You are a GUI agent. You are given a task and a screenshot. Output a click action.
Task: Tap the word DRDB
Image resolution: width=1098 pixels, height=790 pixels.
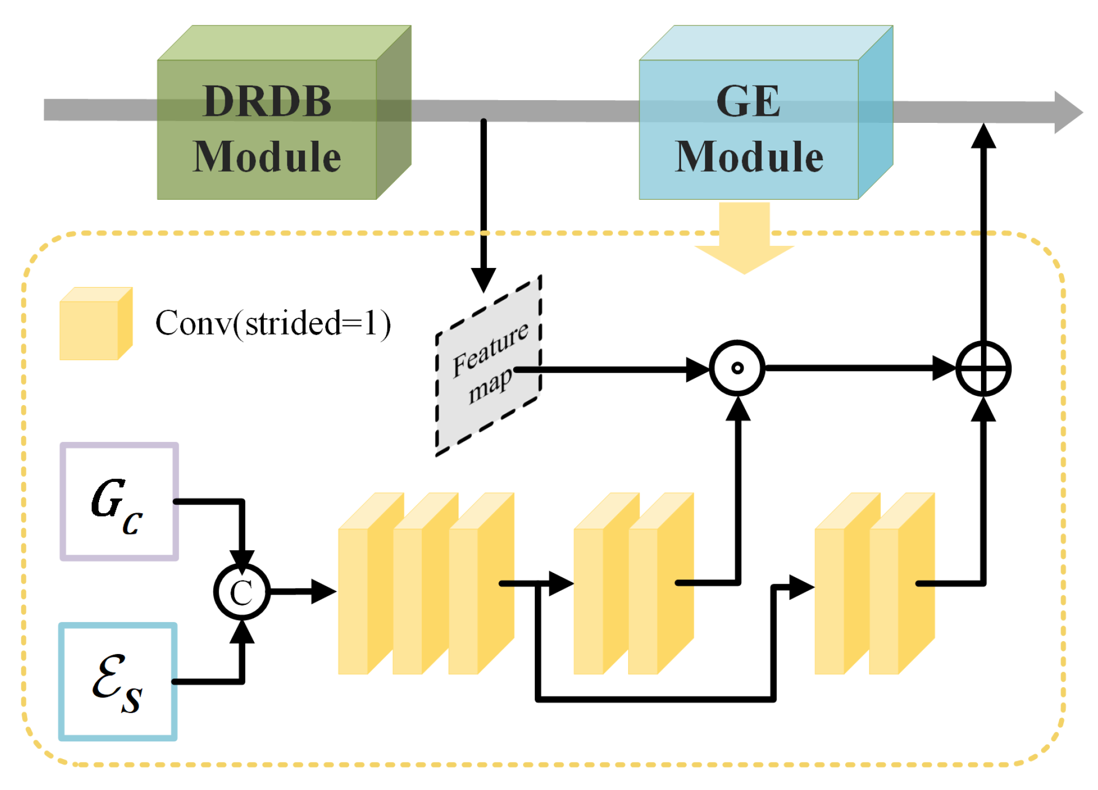point(267,101)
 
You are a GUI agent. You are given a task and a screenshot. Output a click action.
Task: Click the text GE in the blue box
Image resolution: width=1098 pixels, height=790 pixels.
point(748,101)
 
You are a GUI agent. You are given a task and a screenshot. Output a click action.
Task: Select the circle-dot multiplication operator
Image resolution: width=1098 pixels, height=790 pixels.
point(737,368)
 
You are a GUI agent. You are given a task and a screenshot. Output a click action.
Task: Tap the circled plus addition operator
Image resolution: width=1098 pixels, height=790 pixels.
point(983,368)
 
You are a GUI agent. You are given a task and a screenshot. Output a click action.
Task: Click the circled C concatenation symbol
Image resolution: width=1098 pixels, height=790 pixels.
point(241,592)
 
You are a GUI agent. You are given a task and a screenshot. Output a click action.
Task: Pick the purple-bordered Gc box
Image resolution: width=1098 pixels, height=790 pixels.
point(119,501)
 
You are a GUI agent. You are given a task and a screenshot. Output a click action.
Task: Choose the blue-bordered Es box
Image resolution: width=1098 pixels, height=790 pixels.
point(118,682)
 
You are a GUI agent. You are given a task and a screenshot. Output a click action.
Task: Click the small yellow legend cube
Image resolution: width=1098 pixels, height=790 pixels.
point(95,324)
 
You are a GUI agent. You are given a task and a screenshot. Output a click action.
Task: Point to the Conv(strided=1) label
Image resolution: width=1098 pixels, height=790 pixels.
point(273,323)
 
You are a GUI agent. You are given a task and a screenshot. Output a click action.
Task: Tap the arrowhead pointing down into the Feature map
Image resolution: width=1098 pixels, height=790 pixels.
point(483,279)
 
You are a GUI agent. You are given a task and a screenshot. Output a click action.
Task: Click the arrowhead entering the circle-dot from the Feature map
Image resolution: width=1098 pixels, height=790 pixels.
point(697,369)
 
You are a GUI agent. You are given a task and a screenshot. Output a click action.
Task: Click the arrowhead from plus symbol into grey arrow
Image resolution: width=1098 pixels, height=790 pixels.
point(983,135)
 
